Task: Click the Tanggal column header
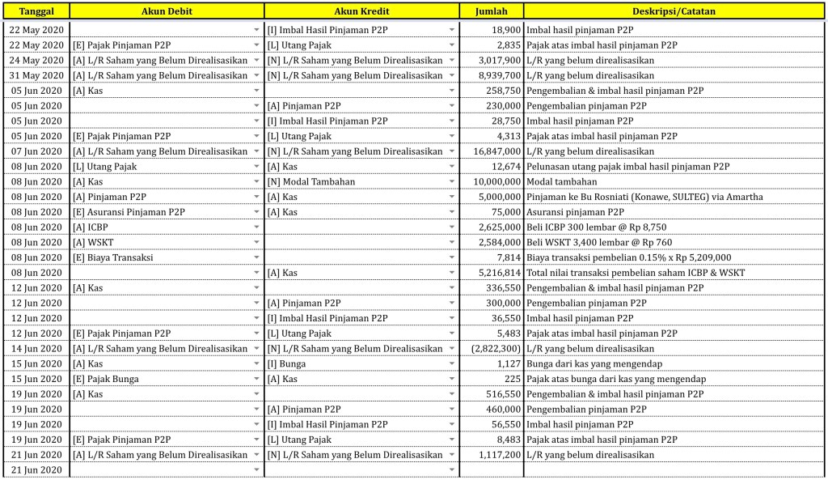[36, 11]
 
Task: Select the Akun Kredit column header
[361, 11]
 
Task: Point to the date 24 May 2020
[36, 61]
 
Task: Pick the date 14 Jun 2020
[36, 349]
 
